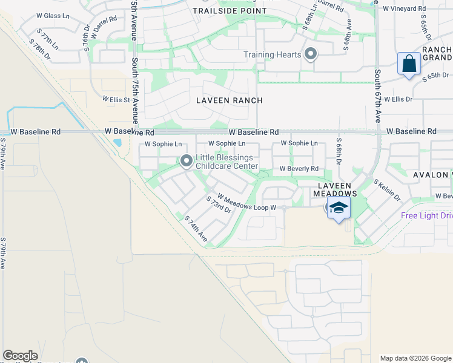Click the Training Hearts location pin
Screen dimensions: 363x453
pos(311,55)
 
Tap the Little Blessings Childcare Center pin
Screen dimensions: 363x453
pos(186,161)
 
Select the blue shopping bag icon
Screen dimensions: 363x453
pos(409,64)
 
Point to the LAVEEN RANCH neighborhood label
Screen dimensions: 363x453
pos(230,100)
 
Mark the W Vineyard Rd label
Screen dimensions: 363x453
pos(404,8)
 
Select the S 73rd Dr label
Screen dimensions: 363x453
pos(218,204)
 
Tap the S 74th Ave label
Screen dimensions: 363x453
pos(196,230)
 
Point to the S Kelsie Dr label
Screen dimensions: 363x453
pos(387,190)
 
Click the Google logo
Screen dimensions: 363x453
pos(20,356)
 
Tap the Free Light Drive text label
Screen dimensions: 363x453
pos(426,215)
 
